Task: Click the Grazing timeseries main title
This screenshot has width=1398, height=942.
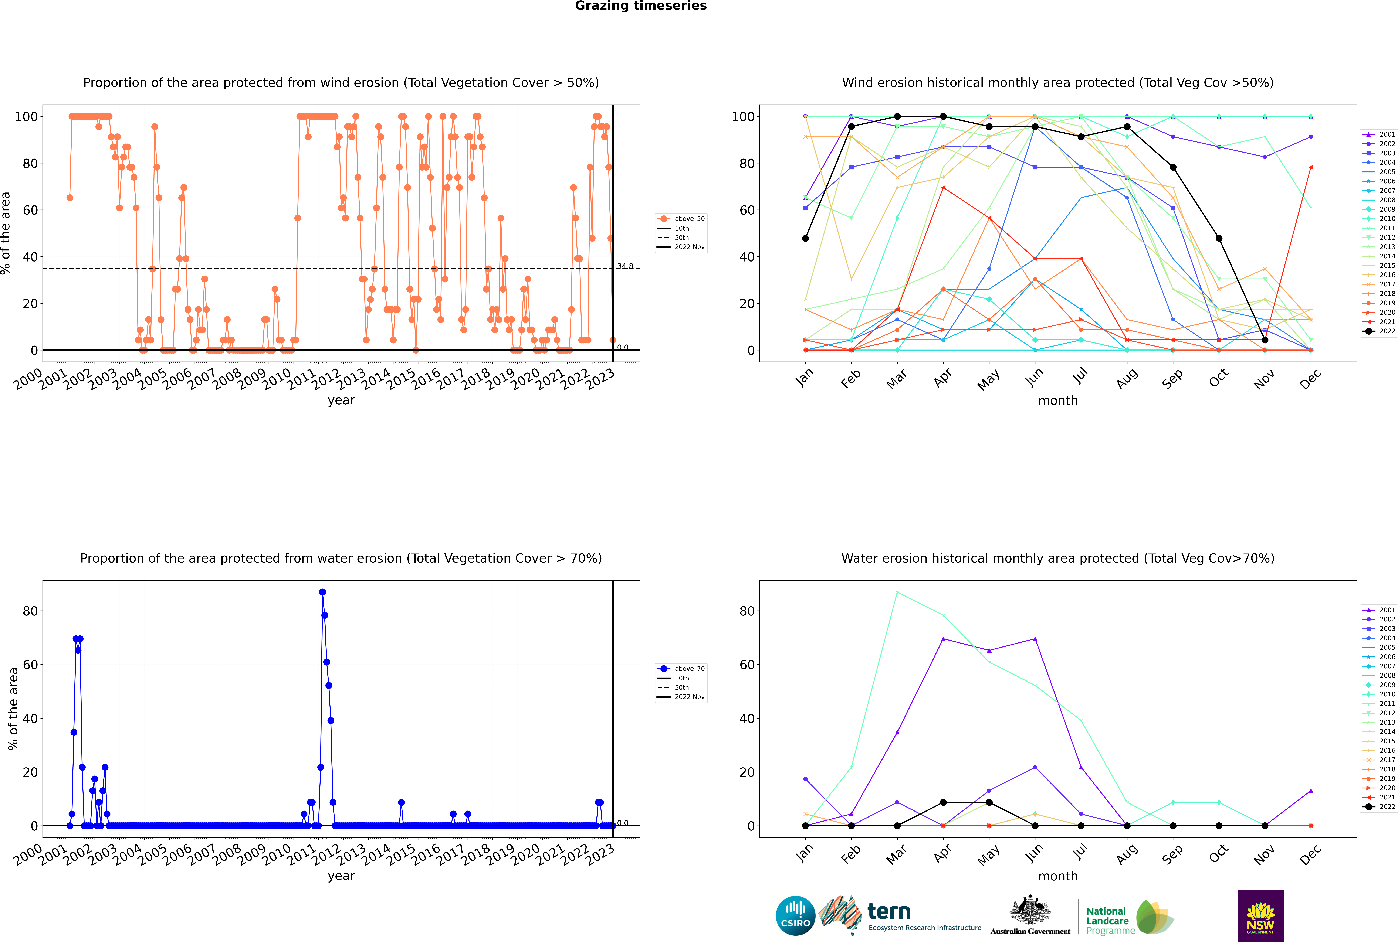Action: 641,6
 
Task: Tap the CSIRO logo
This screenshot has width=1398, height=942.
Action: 795,916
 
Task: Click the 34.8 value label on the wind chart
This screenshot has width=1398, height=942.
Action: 625,266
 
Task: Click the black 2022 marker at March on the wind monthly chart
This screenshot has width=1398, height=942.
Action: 897,117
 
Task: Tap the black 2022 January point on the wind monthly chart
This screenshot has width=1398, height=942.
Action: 805,239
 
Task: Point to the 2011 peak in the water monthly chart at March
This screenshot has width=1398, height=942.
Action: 897,592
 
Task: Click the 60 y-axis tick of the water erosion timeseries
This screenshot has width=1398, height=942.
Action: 30,664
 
